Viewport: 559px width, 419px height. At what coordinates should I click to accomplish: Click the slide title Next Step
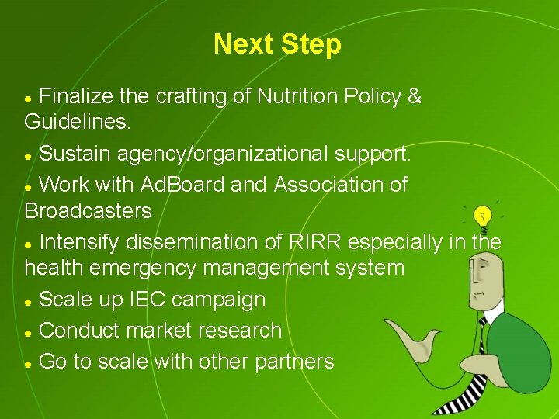277,44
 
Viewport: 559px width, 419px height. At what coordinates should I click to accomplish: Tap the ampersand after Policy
415,97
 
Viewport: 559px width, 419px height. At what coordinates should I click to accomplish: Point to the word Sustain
75,154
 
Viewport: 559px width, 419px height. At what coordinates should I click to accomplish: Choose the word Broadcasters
88,210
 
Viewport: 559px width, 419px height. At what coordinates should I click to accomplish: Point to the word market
157,331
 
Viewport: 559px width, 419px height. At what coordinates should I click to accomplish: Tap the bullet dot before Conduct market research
29,332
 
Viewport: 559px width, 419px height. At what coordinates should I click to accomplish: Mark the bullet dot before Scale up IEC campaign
29,301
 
